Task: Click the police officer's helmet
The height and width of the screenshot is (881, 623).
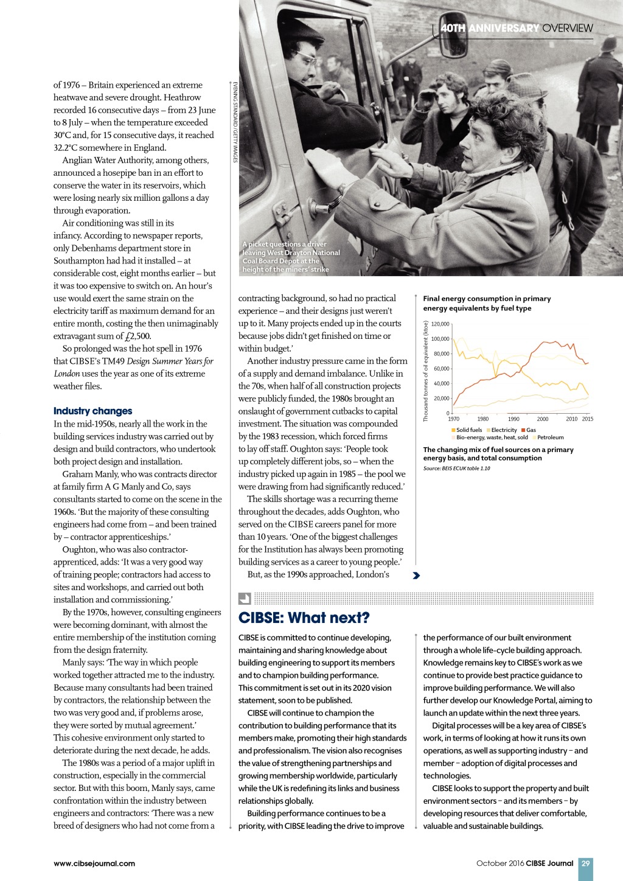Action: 609,43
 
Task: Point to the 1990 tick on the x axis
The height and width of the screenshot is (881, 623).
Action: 513,419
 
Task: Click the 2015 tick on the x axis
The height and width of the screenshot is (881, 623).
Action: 587,419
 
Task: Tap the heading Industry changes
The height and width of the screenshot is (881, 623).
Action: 92,411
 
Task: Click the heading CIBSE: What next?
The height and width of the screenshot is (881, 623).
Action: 304,618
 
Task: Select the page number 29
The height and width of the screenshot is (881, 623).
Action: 585,863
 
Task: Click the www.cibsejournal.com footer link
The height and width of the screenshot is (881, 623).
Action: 94,863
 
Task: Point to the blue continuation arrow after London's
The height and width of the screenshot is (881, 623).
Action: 416,575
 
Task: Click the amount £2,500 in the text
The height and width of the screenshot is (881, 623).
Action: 137,336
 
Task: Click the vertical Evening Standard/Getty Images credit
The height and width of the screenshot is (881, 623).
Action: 235,122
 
